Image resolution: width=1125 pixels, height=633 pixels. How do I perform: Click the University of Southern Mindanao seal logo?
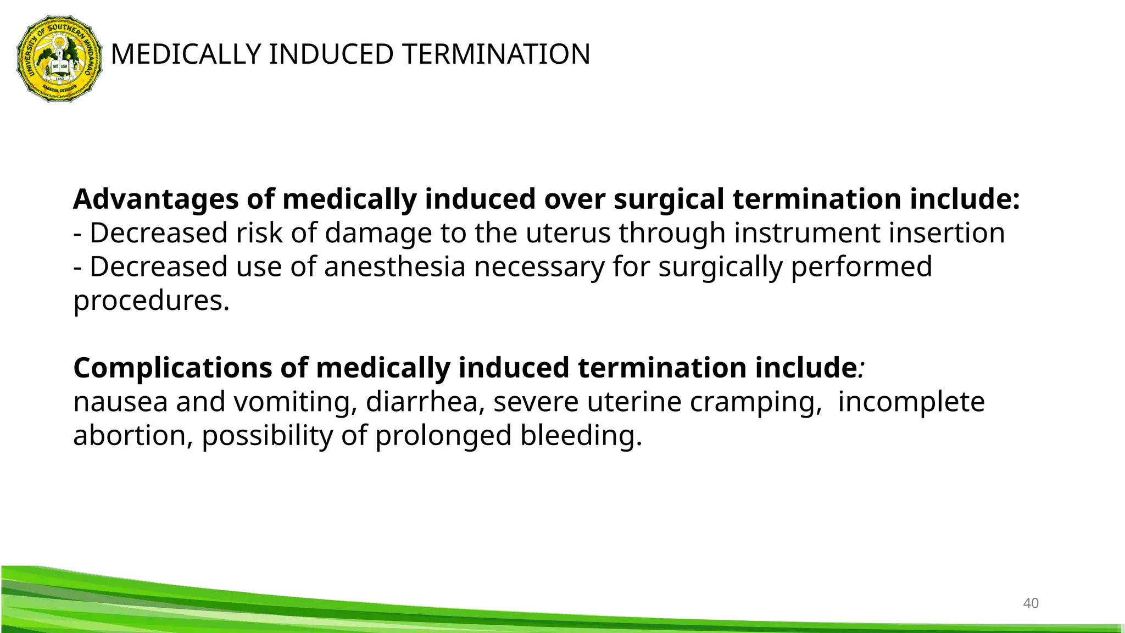[x=59, y=58]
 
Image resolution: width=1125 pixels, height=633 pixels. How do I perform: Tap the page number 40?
[x=1031, y=603]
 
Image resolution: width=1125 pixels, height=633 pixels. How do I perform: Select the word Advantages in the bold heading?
[x=155, y=199]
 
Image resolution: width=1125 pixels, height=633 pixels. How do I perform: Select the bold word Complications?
[x=172, y=368]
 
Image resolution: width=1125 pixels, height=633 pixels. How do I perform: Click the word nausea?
[x=120, y=402]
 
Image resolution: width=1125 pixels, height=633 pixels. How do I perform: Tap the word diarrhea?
[x=425, y=402]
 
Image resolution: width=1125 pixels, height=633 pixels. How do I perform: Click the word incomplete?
[x=911, y=402]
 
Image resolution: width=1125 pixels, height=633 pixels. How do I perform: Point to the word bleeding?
[x=581, y=436]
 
